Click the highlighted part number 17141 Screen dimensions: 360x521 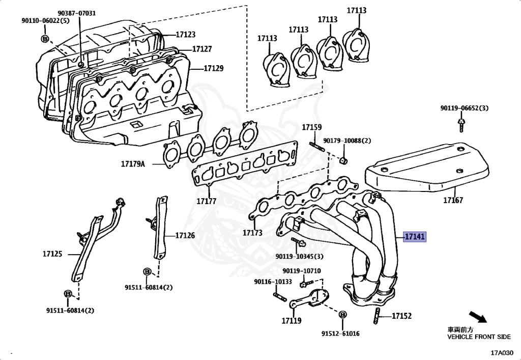[414, 237]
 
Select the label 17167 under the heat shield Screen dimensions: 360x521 [452, 200]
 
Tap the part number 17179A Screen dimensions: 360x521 [133, 164]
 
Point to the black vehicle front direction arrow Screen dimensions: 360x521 [478, 317]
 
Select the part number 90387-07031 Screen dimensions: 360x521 [76, 13]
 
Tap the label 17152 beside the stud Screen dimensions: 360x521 [401, 316]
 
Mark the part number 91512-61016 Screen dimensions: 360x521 [340, 334]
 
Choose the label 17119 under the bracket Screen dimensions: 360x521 [291, 321]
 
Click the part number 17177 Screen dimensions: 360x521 [206, 201]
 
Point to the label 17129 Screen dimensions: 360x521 [214, 68]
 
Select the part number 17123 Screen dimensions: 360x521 [186, 35]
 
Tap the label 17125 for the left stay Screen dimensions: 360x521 [52, 253]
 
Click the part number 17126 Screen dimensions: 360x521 [185, 235]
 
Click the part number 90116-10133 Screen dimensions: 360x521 [273, 282]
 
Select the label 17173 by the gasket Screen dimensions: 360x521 [252, 233]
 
